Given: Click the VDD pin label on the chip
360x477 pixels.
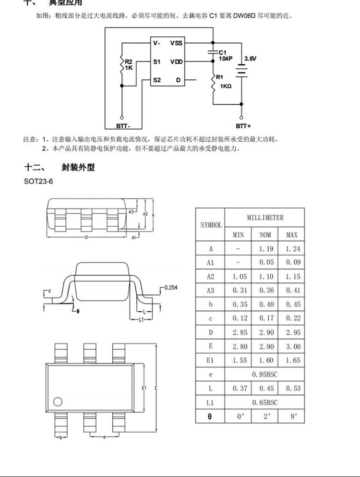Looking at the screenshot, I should coord(176,62).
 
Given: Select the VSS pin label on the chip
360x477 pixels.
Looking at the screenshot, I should coord(176,43).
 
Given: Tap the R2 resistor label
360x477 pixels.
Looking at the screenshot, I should coord(129,62).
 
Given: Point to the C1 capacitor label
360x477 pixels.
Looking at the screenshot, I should coord(222,52).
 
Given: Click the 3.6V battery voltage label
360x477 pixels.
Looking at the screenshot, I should coord(250,58).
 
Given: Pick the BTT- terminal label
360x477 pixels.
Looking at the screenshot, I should coord(122,126).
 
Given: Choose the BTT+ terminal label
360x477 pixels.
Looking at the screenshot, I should coord(243,126).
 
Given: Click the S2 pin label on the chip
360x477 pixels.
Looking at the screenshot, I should coord(157,80).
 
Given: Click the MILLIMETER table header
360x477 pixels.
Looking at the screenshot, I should coord(265,218).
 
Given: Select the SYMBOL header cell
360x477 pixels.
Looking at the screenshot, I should coord(211,225).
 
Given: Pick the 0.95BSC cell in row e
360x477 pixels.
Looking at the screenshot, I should coord(265,374).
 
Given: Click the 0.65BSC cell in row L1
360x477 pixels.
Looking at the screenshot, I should coord(265,402).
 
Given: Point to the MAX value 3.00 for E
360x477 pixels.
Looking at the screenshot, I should coord(291,346).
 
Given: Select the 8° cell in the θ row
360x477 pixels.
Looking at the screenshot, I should coord(291,416).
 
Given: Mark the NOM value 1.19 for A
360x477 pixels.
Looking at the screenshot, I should coord(265,249).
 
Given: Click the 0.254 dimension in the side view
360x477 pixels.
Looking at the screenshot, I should coord(170,287).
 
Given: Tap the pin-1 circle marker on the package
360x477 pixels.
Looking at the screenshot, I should coord(58,402).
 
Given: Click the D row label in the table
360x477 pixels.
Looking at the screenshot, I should coord(210,332).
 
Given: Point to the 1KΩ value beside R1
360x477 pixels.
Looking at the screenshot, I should coord(226,86).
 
